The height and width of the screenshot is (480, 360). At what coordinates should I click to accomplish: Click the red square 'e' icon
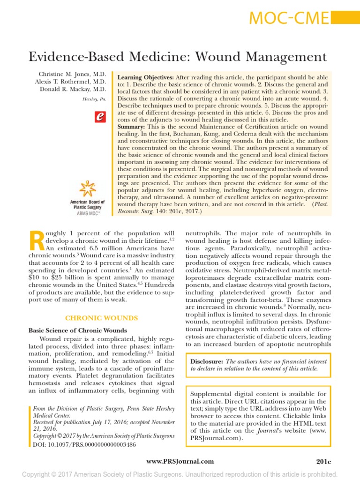pyautogui.click(x=99, y=117)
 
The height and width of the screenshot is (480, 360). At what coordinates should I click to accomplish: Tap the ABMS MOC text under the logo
pyautogui.click(x=88, y=213)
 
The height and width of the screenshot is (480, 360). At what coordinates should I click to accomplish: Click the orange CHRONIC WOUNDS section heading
pyautogui.click(x=101, y=318)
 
